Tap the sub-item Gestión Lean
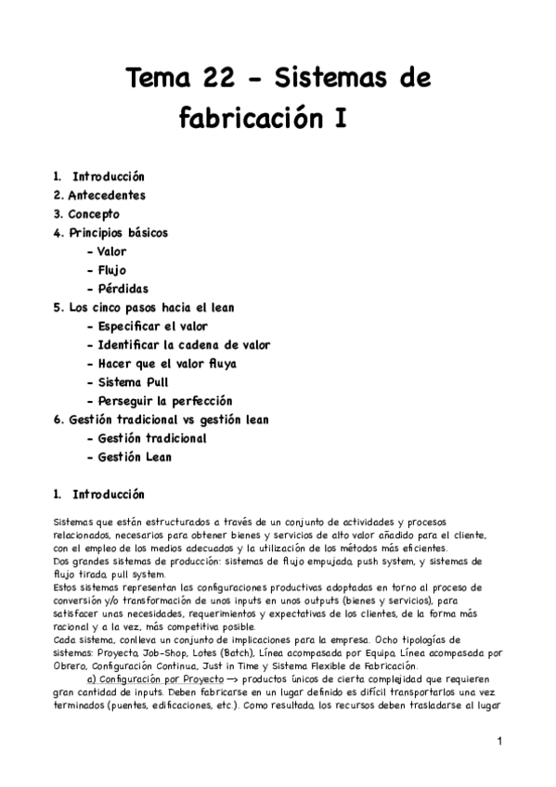point(134,457)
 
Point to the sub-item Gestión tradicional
point(151,438)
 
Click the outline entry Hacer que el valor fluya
point(166,363)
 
